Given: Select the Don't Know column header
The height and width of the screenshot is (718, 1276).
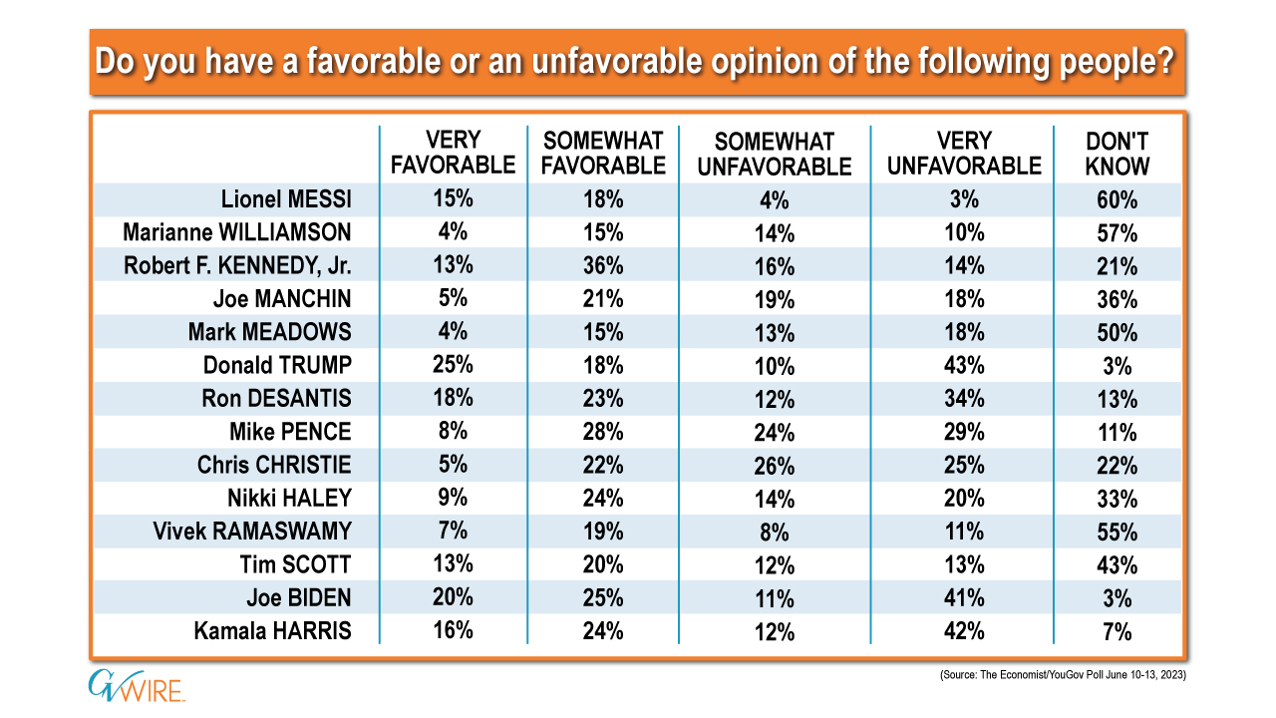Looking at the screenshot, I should (1117, 153).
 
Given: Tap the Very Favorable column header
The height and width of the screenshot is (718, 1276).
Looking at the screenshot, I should (453, 153).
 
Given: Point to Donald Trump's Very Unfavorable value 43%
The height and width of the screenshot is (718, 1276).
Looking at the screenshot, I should (964, 365).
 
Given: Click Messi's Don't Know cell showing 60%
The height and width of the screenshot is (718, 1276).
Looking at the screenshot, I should (1117, 199).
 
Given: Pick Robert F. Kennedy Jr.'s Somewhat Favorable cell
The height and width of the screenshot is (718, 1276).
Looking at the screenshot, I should (603, 265).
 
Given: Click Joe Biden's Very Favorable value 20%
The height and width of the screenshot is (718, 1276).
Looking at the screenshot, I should (453, 597).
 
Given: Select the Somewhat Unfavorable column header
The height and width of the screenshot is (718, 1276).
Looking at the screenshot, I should (775, 153).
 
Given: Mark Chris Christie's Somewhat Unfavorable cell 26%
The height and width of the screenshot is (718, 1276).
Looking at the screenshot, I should (775, 465).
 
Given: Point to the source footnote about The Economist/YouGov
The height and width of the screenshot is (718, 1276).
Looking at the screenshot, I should (1061, 676).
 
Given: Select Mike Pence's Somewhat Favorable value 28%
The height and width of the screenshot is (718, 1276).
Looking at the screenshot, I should (603, 431).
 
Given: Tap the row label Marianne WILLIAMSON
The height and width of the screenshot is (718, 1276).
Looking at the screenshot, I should (237, 232).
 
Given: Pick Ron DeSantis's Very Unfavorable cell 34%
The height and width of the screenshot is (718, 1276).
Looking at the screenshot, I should (964, 398).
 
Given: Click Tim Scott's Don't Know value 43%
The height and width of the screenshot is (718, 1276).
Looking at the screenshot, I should (1117, 564).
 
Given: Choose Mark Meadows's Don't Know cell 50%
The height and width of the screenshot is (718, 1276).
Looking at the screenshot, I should (1117, 332).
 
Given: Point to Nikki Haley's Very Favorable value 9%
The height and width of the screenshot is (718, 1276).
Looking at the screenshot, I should (453, 498).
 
